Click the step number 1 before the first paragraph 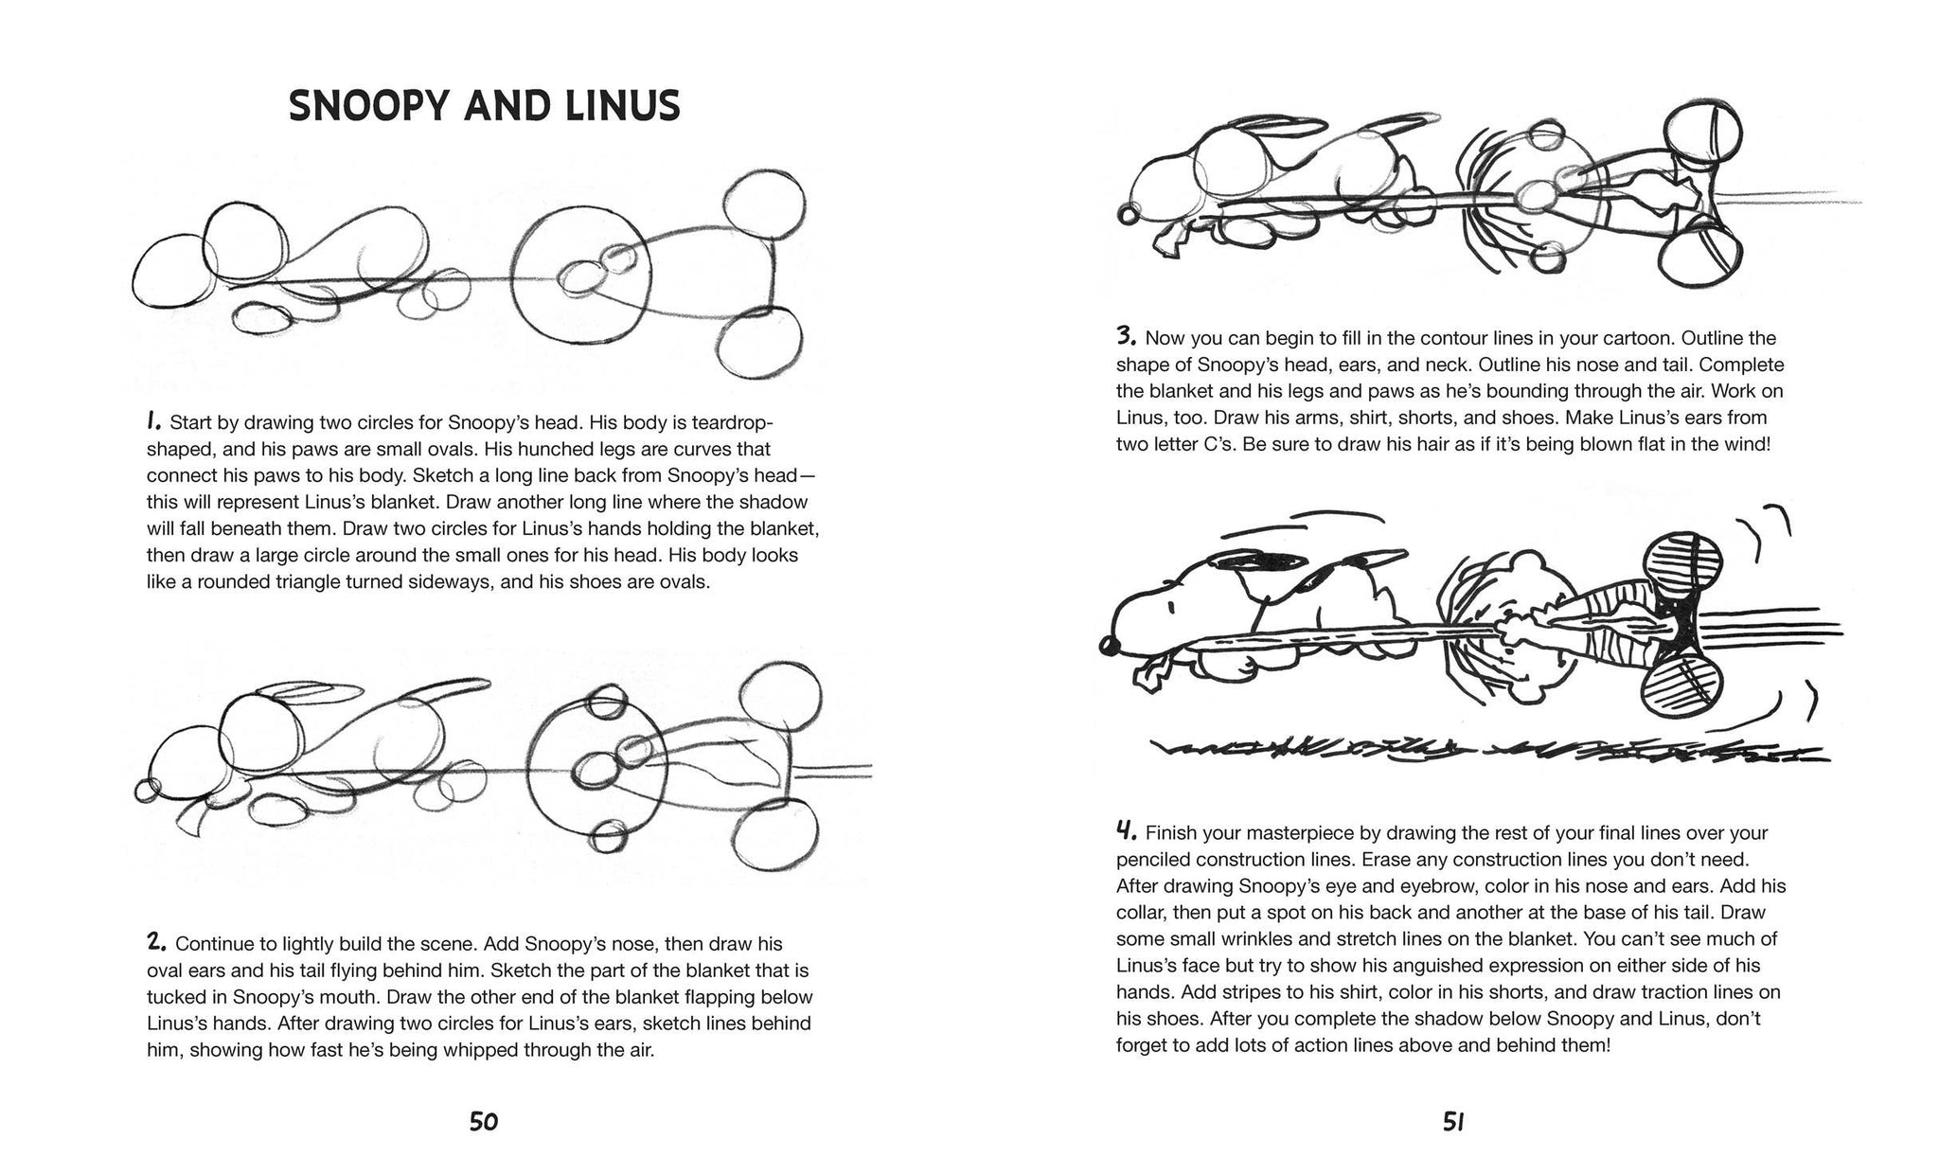pos(154,421)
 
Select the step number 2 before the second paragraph pos(157,941)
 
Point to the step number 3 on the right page pos(1126,335)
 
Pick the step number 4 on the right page pos(1126,830)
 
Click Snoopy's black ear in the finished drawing pos(1248,566)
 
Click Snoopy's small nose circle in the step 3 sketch pos(1128,215)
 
